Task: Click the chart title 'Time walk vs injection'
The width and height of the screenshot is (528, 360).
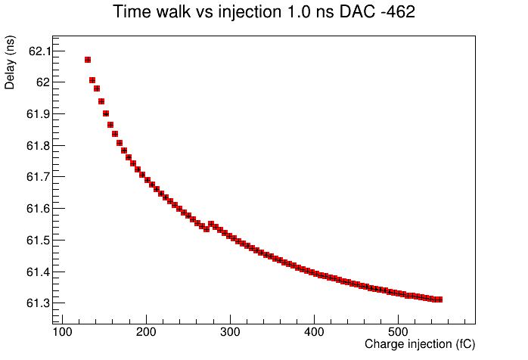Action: pyautogui.click(x=197, y=11)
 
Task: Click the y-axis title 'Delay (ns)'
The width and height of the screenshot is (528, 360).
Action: pyautogui.click(x=10, y=62)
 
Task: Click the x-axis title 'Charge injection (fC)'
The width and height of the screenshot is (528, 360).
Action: pyautogui.click(x=420, y=344)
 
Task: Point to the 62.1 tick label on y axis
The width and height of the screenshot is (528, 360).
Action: pyautogui.click(x=40, y=51)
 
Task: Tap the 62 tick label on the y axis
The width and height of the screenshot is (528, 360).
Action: pyautogui.click(x=43, y=82)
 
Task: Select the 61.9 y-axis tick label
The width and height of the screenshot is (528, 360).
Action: pyautogui.click(x=39, y=114)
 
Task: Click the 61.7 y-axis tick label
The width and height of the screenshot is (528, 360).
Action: pyautogui.click(x=39, y=176)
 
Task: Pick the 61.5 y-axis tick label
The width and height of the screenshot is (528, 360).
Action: pyautogui.click(x=39, y=241)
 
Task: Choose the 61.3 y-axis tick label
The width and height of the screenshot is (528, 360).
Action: pyautogui.click(x=39, y=303)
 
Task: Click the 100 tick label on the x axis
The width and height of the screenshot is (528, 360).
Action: pyautogui.click(x=62, y=332)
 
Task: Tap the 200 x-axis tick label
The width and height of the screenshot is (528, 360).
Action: pyautogui.click(x=146, y=332)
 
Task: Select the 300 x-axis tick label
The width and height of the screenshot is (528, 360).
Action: pyautogui.click(x=230, y=332)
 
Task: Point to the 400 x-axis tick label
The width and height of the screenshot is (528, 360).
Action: pyautogui.click(x=314, y=332)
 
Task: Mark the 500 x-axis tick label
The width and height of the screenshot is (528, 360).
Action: pyautogui.click(x=398, y=332)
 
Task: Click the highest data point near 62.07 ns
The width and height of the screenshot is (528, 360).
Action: pyautogui.click(x=88, y=60)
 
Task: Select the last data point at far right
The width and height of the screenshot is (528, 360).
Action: pyautogui.click(x=439, y=299)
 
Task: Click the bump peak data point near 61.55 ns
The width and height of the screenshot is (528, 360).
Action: pyautogui.click(x=211, y=224)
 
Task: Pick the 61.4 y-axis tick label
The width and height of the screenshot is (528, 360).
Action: pyautogui.click(x=39, y=272)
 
